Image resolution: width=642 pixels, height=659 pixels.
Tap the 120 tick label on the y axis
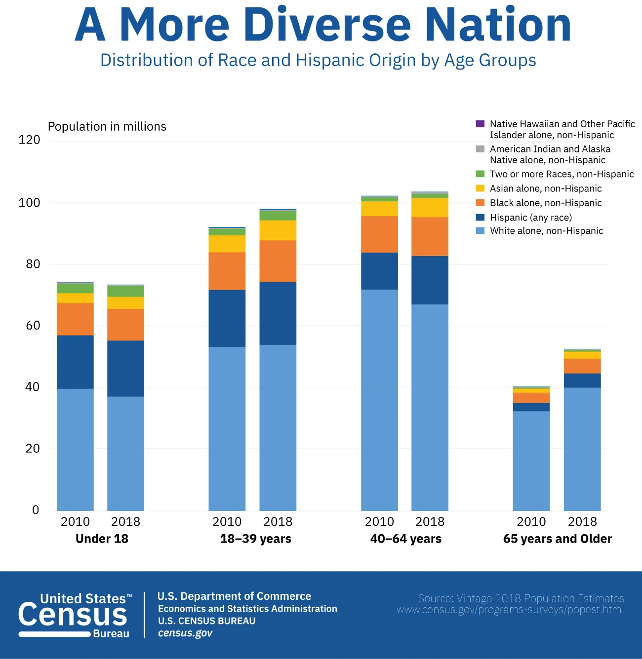pos(29,140)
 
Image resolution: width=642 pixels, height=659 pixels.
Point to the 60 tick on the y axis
pos(33,326)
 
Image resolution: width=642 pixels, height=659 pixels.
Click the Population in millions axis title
pos(107,127)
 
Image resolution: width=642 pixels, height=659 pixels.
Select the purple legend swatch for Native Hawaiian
pos(480,124)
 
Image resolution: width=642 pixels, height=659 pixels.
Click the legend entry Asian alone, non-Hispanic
pos(545,188)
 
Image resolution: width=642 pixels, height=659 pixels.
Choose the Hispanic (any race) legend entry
pos(530,218)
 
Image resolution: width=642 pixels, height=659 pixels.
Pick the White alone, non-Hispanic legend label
pos(546,231)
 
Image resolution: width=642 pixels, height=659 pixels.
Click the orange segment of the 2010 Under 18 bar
pos(75,319)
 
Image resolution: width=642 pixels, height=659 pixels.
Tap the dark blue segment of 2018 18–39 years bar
pos(278,313)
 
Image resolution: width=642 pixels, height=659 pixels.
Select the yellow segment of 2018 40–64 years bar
pos(430,207)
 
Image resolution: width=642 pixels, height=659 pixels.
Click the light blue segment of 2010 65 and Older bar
pos(531,461)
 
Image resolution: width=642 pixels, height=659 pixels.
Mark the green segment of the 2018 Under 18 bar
pos(125,291)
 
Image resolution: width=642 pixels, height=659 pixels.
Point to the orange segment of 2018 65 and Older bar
pos(582,366)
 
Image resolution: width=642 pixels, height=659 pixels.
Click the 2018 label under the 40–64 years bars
pos(430,522)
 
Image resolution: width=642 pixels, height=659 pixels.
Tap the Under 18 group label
pos(102,539)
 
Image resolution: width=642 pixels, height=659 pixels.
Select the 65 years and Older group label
pos(557,539)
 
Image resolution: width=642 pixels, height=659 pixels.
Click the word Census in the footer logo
pos(73,616)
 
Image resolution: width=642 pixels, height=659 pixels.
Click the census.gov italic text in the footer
pos(185,633)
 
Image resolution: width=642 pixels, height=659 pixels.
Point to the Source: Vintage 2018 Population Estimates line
pos(521,598)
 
